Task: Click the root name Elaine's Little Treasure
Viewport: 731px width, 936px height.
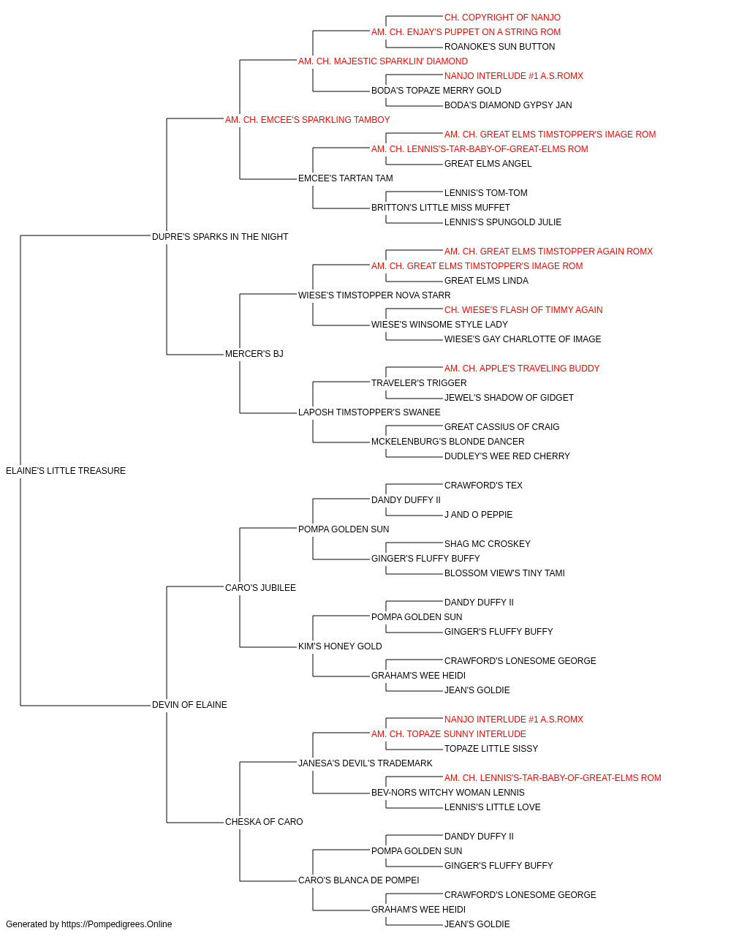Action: pos(66,471)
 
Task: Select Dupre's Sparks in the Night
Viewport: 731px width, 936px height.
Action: pos(220,236)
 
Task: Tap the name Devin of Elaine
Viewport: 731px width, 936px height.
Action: pos(189,705)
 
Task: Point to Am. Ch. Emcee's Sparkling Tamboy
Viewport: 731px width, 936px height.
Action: pos(307,120)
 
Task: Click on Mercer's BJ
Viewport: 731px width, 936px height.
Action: pos(254,354)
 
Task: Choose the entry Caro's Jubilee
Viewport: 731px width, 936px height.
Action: pos(260,587)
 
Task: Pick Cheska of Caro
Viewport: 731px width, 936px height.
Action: pos(264,821)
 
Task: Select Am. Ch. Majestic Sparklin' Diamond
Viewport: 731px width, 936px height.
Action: pos(383,61)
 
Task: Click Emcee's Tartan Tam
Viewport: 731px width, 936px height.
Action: pos(346,178)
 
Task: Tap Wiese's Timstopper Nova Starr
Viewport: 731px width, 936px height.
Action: pos(374,295)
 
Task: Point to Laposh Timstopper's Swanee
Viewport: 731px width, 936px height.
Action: pos(369,412)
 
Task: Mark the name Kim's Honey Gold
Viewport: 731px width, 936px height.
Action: pos(340,646)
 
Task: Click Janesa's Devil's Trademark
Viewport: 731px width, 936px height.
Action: pos(365,763)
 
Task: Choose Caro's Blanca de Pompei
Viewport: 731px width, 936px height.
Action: pos(359,880)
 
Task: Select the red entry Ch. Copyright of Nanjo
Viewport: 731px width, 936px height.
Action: pos(502,18)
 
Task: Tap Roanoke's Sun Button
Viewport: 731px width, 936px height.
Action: pos(499,47)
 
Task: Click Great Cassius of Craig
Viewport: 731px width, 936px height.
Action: pos(502,427)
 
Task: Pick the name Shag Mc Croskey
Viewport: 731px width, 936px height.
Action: pos(488,544)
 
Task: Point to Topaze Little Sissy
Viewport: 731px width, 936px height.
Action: pos(491,749)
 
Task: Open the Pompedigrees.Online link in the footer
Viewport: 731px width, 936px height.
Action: pos(117,924)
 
